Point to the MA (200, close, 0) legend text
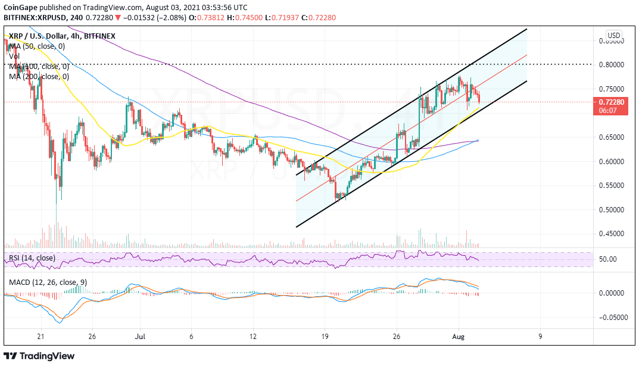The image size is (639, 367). (39, 76)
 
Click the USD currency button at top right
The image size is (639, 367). (613, 35)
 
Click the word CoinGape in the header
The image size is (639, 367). (19, 7)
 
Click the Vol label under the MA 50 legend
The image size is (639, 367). (15, 56)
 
